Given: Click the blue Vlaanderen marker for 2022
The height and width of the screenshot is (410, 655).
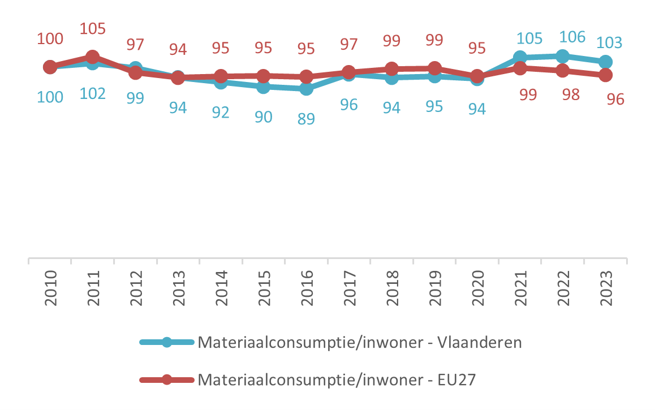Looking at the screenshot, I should [562, 56].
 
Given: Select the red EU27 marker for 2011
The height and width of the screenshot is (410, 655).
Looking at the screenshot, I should [93, 57].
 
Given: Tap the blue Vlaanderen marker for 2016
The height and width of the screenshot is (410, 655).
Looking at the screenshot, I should [306, 89].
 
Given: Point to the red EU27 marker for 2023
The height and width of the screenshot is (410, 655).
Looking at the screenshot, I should [605, 75].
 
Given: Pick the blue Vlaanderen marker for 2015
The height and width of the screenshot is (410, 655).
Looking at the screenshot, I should [263, 87].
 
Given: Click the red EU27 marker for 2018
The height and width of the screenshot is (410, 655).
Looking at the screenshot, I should [391, 69].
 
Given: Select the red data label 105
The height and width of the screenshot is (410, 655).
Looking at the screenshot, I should [93, 28].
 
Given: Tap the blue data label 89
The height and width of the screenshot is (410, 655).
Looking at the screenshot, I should [306, 119].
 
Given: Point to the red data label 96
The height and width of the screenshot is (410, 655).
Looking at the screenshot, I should [615, 99].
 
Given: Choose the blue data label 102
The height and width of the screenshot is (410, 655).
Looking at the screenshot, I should [93, 93].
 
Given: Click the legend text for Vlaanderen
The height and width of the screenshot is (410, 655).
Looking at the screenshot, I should [359, 343].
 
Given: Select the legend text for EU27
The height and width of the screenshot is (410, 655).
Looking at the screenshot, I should [337, 379].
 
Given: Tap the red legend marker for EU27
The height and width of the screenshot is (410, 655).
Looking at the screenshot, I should [166, 379].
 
